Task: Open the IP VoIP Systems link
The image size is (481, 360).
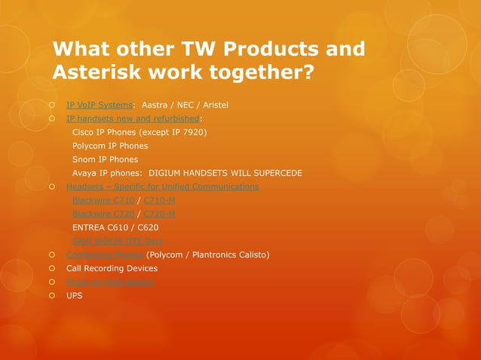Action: point(100,105)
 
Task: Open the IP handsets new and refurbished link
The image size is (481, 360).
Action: point(133,119)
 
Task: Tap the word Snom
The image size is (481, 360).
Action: point(84,160)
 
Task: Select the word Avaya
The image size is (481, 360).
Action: point(86,173)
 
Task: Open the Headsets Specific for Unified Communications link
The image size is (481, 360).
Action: point(162,186)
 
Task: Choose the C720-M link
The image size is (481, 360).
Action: point(159,213)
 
